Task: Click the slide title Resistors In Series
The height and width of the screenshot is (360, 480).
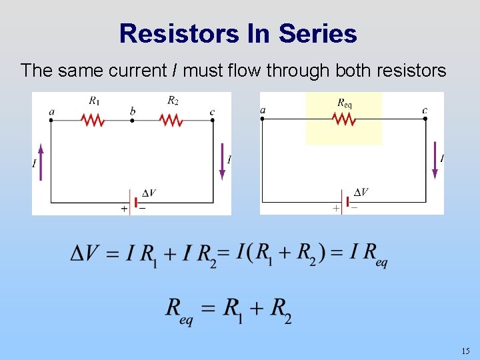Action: [x=238, y=33]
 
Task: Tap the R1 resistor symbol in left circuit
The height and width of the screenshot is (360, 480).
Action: [x=93, y=121]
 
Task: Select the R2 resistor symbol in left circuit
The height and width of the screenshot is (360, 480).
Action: [x=171, y=121]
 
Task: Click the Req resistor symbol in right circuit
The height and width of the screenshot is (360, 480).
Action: [x=344, y=119]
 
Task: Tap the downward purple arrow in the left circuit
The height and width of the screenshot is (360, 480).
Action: [x=222, y=162]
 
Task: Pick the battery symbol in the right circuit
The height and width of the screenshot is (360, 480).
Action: [x=345, y=201]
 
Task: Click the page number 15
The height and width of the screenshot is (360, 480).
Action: [x=465, y=351]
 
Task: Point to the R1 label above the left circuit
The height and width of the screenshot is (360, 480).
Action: [x=94, y=101]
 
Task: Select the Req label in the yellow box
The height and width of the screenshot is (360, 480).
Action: [x=344, y=103]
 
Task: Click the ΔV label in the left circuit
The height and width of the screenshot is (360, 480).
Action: [x=149, y=193]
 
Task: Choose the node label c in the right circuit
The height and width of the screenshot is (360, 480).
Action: [x=425, y=109]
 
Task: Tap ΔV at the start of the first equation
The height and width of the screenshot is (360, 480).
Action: [x=86, y=253]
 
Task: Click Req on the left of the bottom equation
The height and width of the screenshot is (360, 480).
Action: [x=178, y=309]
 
